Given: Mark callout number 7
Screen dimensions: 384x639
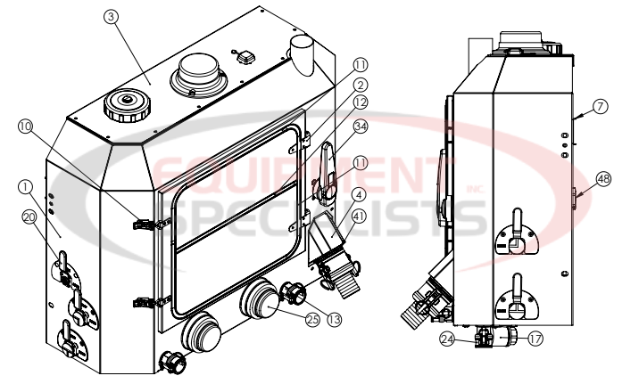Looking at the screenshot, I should pos(599,106).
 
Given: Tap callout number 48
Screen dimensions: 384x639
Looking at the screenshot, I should pos(603,179).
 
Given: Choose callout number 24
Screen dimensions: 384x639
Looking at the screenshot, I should pos(447,338).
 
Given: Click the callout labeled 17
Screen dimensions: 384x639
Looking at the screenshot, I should pos(535,338).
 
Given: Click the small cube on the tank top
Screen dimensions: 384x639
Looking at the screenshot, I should pos(244,55).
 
